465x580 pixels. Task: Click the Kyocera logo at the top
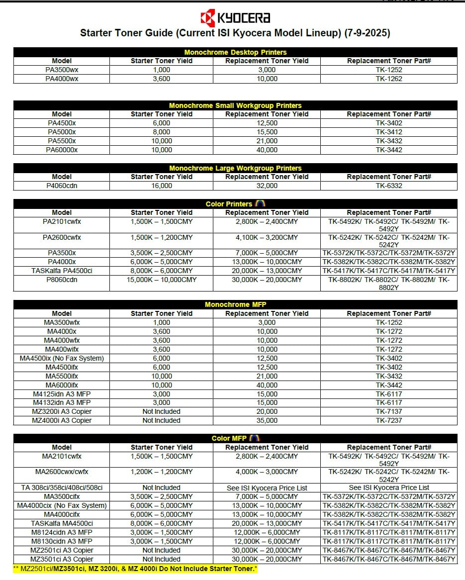point(235,18)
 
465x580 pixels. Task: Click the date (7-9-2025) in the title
point(367,33)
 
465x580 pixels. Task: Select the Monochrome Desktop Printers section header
point(235,52)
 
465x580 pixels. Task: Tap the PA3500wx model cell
point(62,70)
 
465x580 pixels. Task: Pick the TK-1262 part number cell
point(388,79)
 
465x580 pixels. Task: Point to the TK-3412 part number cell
point(388,132)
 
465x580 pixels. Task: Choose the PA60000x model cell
point(62,150)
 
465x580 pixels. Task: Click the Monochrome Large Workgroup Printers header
point(235,168)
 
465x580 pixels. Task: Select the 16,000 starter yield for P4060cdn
point(161,186)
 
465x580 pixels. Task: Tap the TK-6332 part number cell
point(388,186)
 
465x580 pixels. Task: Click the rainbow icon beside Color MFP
point(255,438)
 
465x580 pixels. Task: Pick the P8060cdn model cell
point(62,280)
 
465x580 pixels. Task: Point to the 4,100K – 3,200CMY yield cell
point(267,237)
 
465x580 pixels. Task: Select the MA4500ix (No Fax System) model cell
point(62,358)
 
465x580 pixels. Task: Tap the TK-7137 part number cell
point(388,411)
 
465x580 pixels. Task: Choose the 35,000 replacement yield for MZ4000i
point(267,420)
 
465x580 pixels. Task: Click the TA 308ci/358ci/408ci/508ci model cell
point(62,487)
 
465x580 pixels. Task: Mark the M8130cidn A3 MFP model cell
point(62,541)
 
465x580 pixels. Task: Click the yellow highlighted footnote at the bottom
point(135,568)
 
